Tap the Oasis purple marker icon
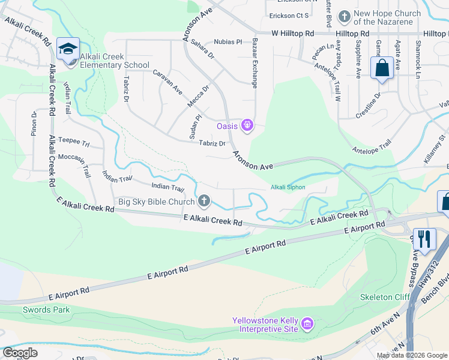[x=246, y=125]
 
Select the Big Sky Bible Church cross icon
[x=204, y=201]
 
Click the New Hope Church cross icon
[x=344, y=16]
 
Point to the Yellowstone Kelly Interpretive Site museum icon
[x=307, y=325]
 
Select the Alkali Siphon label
[x=288, y=188]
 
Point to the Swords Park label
[x=46, y=310]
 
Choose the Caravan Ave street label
[x=167, y=82]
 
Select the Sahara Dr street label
[x=202, y=50]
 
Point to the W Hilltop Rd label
[x=292, y=34]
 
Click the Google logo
[x=20, y=352]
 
